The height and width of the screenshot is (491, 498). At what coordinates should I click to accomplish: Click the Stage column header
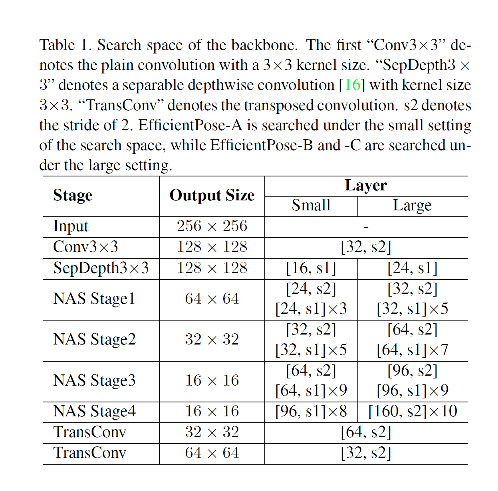coord(73,196)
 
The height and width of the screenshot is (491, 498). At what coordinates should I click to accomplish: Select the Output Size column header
coord(212,196)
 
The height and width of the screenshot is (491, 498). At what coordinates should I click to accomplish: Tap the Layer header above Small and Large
coord(366,186)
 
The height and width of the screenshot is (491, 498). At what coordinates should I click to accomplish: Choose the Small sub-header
coord(311,206)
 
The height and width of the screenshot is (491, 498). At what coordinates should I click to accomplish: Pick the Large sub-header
coord(412,206)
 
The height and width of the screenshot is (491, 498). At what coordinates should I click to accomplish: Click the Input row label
coord(71,226)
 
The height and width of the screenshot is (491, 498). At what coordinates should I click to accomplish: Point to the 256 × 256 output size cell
coord(212,226)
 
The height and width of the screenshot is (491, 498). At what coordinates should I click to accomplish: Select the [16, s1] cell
coord(311,268)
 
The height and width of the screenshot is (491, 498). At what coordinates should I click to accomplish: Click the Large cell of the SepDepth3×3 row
coord(412,268)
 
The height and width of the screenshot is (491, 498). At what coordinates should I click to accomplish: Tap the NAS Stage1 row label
coord(94,299)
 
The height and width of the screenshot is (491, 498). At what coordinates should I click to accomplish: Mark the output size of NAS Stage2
coord(212,340)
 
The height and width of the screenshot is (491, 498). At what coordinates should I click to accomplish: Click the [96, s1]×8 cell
coord(311,412)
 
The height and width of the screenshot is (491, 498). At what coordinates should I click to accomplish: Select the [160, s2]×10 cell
coord(412,412)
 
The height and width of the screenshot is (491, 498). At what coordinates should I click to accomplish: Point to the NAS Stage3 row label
coord(94,381)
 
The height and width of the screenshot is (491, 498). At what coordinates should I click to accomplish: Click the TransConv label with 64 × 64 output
coord(89,453)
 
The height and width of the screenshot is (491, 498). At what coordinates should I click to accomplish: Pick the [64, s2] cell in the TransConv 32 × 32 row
coord(366,432)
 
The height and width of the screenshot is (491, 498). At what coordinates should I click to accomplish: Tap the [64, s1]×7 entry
coord(412,350)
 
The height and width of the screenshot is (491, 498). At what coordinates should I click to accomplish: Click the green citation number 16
coord(352,85)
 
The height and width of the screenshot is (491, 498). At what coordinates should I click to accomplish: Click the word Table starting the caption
coord(57,45)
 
